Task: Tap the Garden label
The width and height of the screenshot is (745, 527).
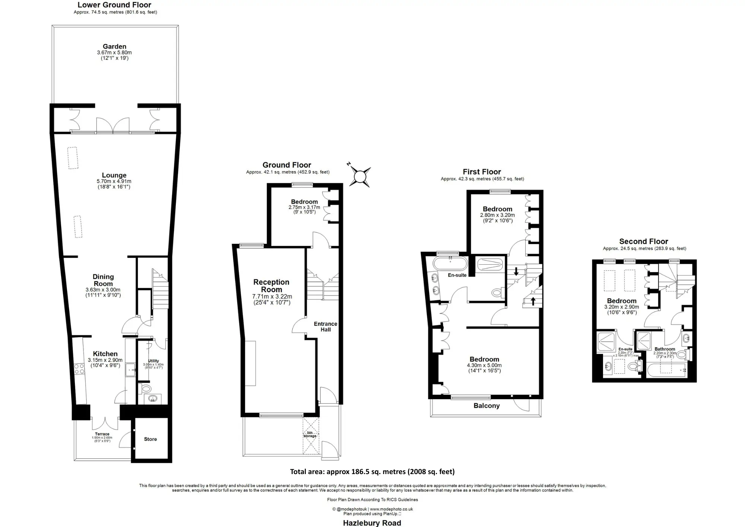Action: coord(114,47)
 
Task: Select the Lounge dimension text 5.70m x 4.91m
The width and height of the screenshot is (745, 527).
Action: coord(114,182)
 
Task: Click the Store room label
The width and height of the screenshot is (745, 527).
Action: coord(150,439)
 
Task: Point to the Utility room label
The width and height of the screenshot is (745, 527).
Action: coord(153,361)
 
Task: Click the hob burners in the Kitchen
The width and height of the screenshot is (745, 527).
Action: coord(79,369)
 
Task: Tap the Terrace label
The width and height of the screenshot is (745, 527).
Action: coord(102,434)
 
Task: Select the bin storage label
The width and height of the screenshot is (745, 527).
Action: coord(310,434)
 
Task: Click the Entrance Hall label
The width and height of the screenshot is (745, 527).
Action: coord(326,326)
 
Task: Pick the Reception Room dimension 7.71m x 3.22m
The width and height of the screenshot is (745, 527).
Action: coord(272,297)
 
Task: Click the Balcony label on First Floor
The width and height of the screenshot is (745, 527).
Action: coord(486,406)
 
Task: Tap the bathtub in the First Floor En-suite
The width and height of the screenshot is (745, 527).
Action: coord(450,263)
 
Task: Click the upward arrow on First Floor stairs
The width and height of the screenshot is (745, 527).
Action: coord(533,301)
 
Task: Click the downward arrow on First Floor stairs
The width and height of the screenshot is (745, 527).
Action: coord(516,271)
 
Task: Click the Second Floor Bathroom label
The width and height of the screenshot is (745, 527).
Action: coord(665,349)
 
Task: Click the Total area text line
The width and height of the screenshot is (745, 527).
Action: coord(372,471)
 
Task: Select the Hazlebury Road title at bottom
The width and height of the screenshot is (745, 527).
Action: coord(372,523)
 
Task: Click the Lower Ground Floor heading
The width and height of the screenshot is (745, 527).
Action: coord(114,5)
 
